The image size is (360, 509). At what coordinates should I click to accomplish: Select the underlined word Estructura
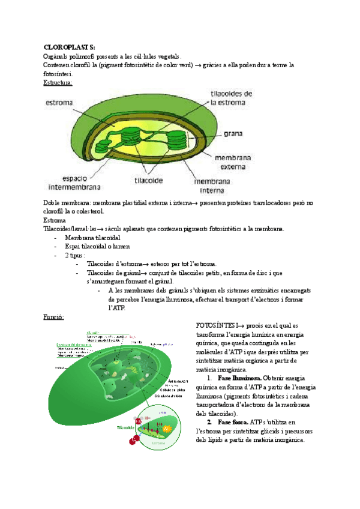coord(58,82)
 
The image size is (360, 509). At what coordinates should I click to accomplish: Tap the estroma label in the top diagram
coord(59,103)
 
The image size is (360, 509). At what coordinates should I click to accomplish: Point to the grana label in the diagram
coord(233,134)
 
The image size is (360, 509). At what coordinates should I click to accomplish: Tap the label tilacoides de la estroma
coord(232,98)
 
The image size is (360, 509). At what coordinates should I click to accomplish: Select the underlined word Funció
coord(54,316)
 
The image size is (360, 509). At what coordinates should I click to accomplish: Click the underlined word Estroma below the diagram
coord(55,220)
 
